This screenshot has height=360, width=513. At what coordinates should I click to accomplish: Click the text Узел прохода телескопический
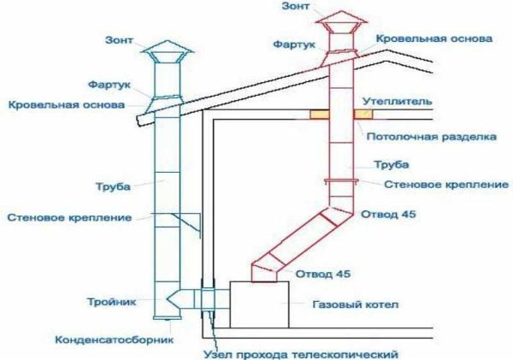[302, 353]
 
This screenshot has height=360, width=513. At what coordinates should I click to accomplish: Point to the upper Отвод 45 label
[387, 214]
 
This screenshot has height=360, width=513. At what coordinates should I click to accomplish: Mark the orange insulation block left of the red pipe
[317, 114]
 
